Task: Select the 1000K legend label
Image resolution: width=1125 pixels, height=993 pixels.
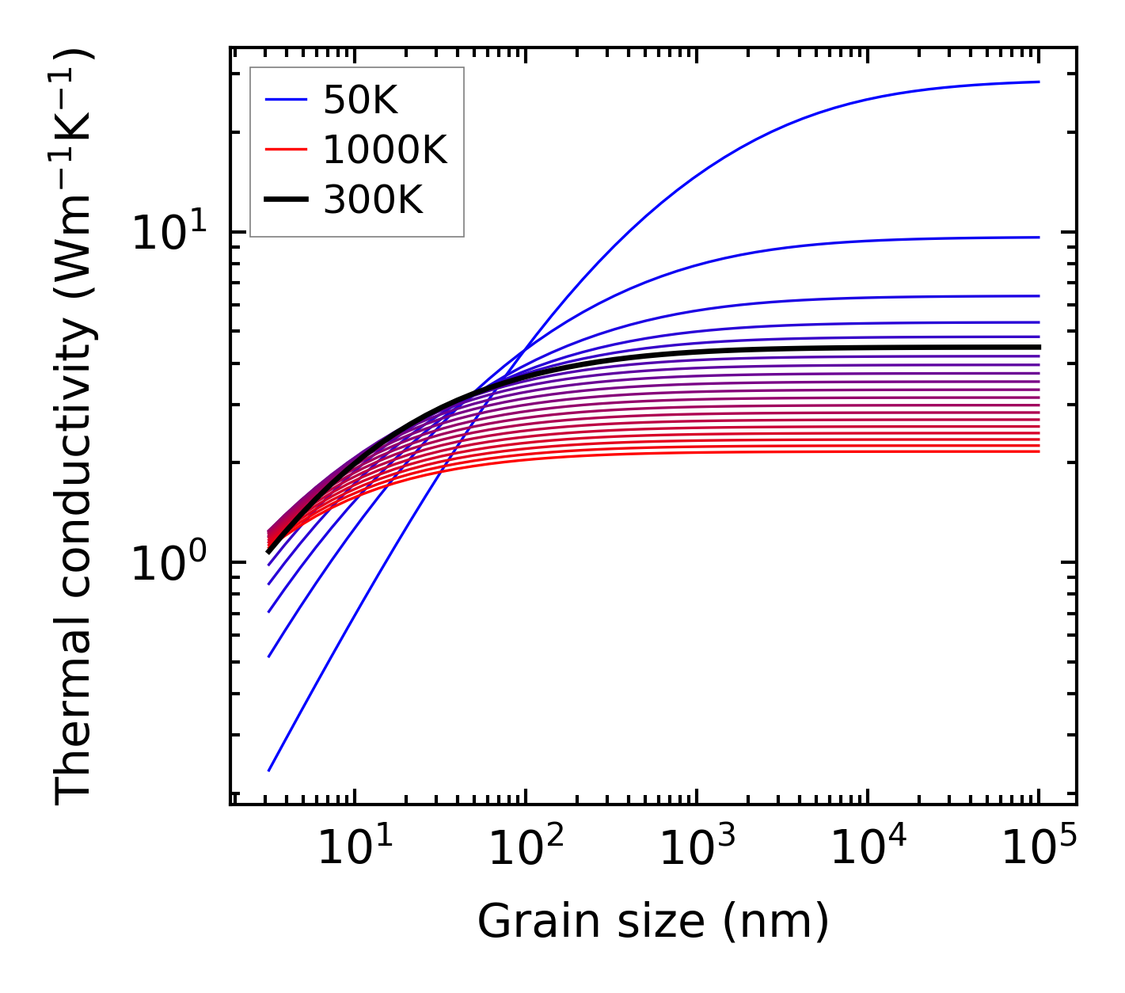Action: coord(386,150)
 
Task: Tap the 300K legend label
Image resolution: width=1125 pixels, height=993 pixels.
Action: coord(373,200)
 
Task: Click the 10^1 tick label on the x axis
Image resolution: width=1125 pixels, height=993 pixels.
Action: coord(354,850)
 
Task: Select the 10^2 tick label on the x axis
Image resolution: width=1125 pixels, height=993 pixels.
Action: coord(525,850)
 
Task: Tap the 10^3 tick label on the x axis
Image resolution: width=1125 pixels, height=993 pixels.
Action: coord(696,850)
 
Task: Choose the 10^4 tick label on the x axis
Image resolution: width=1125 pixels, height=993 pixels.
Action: coord(867,850)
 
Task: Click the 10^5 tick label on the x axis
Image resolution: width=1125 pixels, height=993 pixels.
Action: coord(1038,850)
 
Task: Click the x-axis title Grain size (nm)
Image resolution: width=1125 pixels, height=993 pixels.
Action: coord(653,922)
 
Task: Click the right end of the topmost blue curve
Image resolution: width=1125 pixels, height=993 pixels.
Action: coord(1038,82)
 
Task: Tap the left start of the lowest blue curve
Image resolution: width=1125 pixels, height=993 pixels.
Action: coord(269,770)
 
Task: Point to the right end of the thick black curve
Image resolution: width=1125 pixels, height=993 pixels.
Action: coord(1038,347)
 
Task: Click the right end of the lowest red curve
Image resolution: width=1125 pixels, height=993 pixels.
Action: coord(1038,451)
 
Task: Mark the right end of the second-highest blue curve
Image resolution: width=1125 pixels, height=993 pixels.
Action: coord(1038,237)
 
